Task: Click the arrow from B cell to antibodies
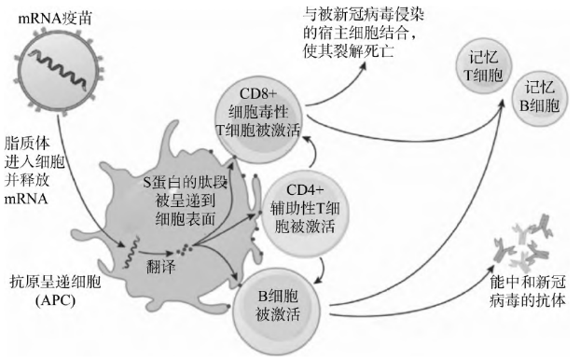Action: pyautogui.click(x=420, y=303)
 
